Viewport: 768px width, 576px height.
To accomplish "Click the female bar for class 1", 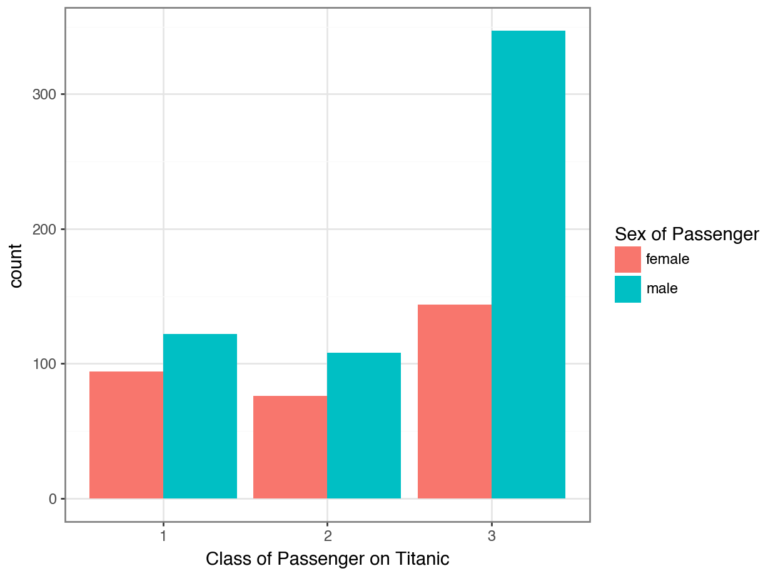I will coord(126,435).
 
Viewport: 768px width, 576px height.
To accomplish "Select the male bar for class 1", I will coord(200,416).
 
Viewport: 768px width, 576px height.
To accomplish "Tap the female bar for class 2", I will coord(290,447).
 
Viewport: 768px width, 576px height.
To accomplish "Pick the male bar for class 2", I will coord(364,425).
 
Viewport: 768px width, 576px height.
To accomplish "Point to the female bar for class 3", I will coord(454,402).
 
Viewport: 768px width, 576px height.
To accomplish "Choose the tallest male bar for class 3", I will coord(528,265).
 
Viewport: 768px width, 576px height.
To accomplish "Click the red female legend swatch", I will coord(627,259).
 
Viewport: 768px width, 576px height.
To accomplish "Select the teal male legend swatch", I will coord(627,289).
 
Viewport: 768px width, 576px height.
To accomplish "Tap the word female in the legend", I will coord(667,259).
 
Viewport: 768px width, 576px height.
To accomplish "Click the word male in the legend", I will coord(662,289).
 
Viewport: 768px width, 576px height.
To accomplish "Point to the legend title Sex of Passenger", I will coord(686,235).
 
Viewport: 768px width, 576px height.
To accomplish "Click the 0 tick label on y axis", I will coord(53,499).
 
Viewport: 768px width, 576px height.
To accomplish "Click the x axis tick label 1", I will coord(163,537).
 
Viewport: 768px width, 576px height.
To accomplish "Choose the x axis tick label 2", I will coord(327,537).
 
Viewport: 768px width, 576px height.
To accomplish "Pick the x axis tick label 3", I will coord(491,537).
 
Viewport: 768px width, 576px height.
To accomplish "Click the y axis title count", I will coord(16,265).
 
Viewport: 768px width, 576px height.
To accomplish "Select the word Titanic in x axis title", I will coord(425,558).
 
